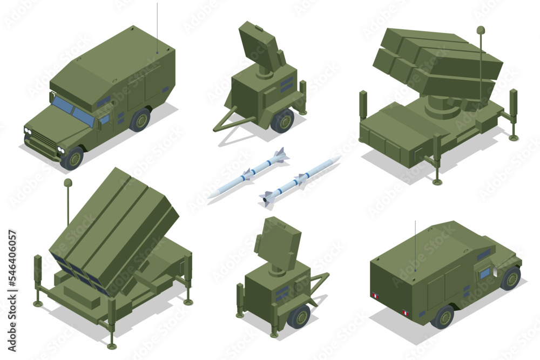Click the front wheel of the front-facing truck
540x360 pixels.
click(72, 159)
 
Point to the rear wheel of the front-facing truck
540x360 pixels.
click(140, 120)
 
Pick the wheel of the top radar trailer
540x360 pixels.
click(282, 120)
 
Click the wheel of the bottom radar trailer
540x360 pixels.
click(299, 316)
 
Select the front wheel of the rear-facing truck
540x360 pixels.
click(510, 279)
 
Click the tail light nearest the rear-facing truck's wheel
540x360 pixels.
click(405, 313)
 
